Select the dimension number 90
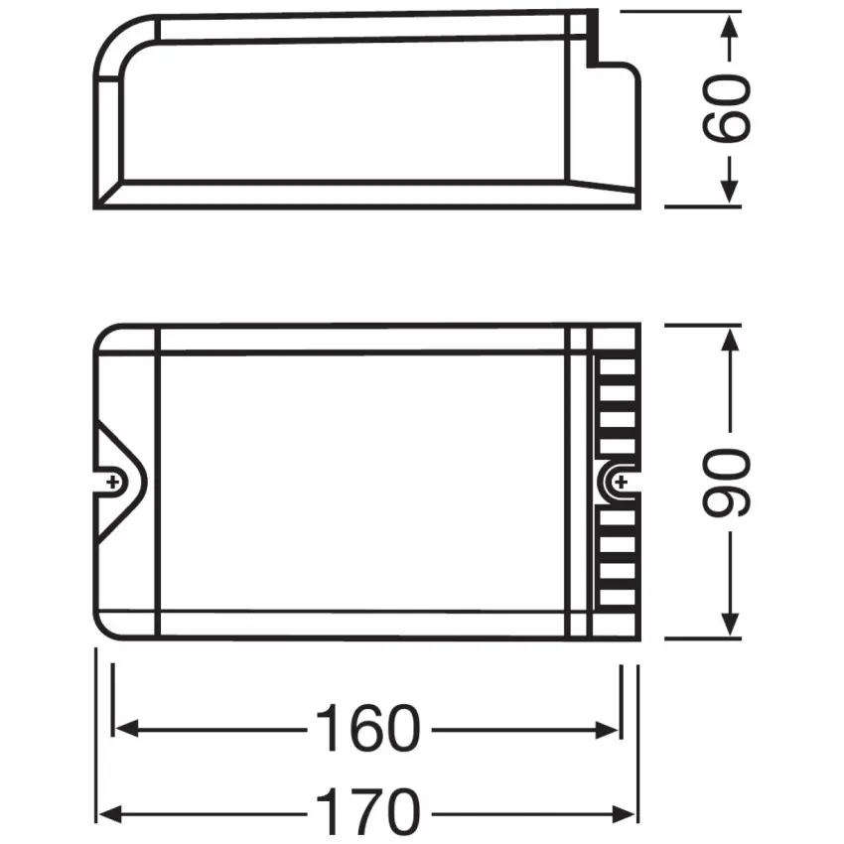[x=727, y=483]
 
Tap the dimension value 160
[x=367, y=730]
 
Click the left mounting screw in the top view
[x=115, y=483]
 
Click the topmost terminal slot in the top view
[x=616, y=365]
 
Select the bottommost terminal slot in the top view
[x=616, y=599]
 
